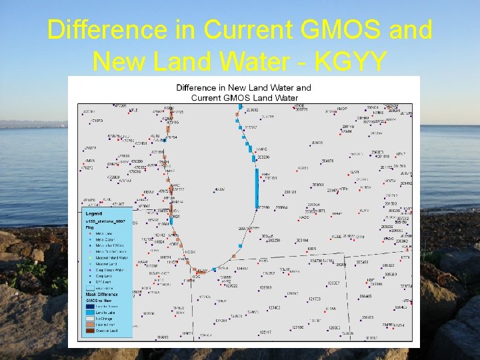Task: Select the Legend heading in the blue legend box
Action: point(93,213)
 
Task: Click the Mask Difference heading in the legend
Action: point(101,294)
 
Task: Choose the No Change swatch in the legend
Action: point(90,318)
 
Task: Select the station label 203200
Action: point(263,157)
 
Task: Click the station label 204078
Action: point(327,161)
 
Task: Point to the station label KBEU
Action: point(147,192)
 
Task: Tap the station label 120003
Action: point(333,327)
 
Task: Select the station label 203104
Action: point(302,240)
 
